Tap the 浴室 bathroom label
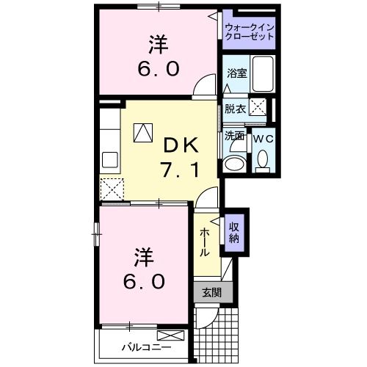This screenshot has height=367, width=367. pyautogui.click(x=236, y=74)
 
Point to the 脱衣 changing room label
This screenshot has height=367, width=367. pyautogui.click(x=235, y=109)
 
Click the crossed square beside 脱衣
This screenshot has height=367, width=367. pyautogui.click(x=258, y=108)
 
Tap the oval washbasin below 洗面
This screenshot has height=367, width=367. pyautogui.click(x=235, y=163)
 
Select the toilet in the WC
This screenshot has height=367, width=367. pyautogui.click(x=262, y=159)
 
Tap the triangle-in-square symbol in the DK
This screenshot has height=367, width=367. pyautogui.click(x=142, y=133)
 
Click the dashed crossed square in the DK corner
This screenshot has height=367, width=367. pyautogui.click(x=112, y=189)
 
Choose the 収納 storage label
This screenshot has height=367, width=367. pyautogui.click(x=234, y=232)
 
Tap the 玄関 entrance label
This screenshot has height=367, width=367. pyautogui.click(x=211, y=292)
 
